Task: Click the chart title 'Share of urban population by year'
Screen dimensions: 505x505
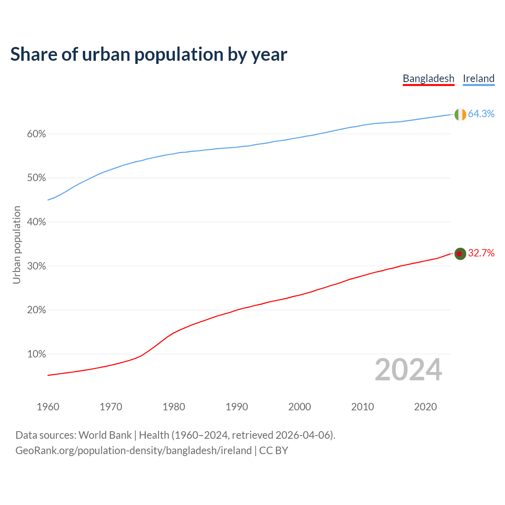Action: click(x=149, y=54)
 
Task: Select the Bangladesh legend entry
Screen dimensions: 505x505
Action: click(x=428, y=79)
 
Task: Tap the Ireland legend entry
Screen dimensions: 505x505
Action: click(x=479, y=79)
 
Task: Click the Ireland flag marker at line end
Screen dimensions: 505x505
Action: click(x=460, y=114)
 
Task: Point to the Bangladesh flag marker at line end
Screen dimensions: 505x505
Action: click(x=460, y=254)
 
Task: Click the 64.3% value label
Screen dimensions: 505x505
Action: click(x=481, y=114)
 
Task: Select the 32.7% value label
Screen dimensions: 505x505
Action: click(x=481, y=253)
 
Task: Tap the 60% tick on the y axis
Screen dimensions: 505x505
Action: click(x=37, y=134)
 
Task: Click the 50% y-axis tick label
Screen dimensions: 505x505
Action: click(x=37, y=178)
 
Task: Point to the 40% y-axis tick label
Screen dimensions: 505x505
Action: click(x=37, y=222)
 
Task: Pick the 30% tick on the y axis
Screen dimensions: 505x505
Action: click(x=37, y=266)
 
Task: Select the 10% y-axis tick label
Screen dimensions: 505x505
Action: click(x=37, y=354)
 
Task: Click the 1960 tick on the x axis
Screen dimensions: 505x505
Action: click(x=48, y=407)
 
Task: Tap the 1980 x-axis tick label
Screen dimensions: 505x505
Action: click(x=174, y=407)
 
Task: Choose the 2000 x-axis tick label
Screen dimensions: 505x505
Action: click(x=300, y=407)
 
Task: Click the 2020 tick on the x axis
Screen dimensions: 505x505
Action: click(x=425, y=407)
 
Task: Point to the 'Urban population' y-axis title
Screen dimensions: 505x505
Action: click(x=17, y=245)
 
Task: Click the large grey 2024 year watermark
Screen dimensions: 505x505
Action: click(x=408, y=370)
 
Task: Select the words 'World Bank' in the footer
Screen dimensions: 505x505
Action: click(x=105, y=435)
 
